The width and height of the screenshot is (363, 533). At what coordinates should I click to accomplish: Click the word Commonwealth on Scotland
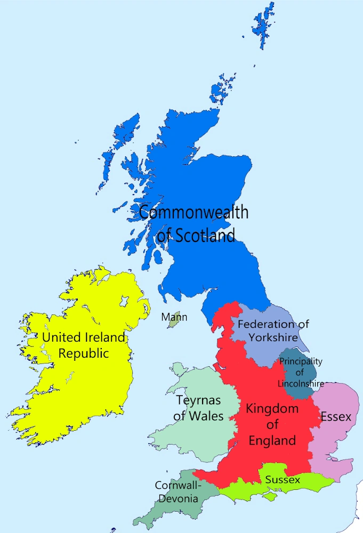tap(193, 212)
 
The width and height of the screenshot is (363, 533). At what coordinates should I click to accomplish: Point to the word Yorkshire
tap(273, 337)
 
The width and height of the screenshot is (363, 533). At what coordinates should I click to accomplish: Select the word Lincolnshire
tap(301, 383)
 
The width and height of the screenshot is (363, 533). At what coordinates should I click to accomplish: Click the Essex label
tap(336, 417)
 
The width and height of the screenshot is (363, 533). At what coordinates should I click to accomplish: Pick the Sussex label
tap(283, 480)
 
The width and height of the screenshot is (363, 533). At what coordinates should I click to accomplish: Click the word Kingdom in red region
tap(272, 409)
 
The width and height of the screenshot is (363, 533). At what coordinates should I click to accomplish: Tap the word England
tap(272, 440)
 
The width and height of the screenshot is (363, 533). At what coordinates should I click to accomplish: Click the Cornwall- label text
tap(178, 486)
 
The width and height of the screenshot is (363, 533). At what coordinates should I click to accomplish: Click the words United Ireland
tap(84, 337)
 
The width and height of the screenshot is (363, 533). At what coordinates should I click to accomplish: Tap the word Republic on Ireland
tap(84, 353)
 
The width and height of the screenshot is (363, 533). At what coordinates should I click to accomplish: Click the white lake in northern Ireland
tap(124, 302)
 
